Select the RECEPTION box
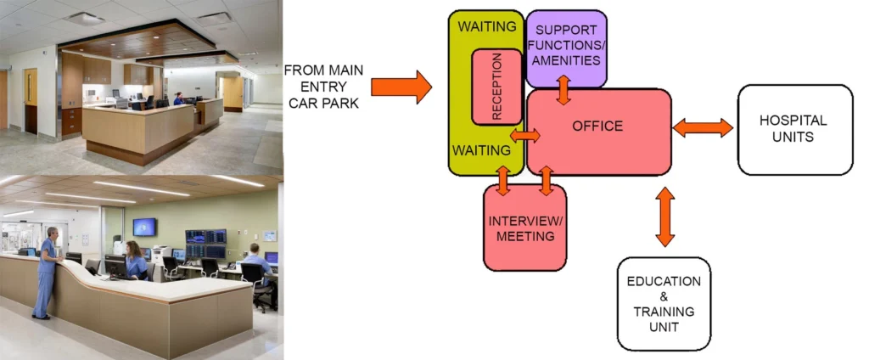coord(496,87)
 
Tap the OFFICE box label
coord(597,127)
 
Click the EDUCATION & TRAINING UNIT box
coord(664,303)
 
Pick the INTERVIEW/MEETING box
coord(524,228)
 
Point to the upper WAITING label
coord(486,26)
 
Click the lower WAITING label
coord(481,150)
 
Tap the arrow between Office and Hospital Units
coord(703,127)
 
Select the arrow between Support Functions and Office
coord(563,89)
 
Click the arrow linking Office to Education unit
coord(664,217)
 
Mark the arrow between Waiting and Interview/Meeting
coord(502,180)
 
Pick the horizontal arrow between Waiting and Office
coord(525,135)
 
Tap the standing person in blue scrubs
coord(46,272)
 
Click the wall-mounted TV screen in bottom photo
coord(143,227)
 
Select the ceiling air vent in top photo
coord(84,18)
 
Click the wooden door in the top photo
coord(31,100)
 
